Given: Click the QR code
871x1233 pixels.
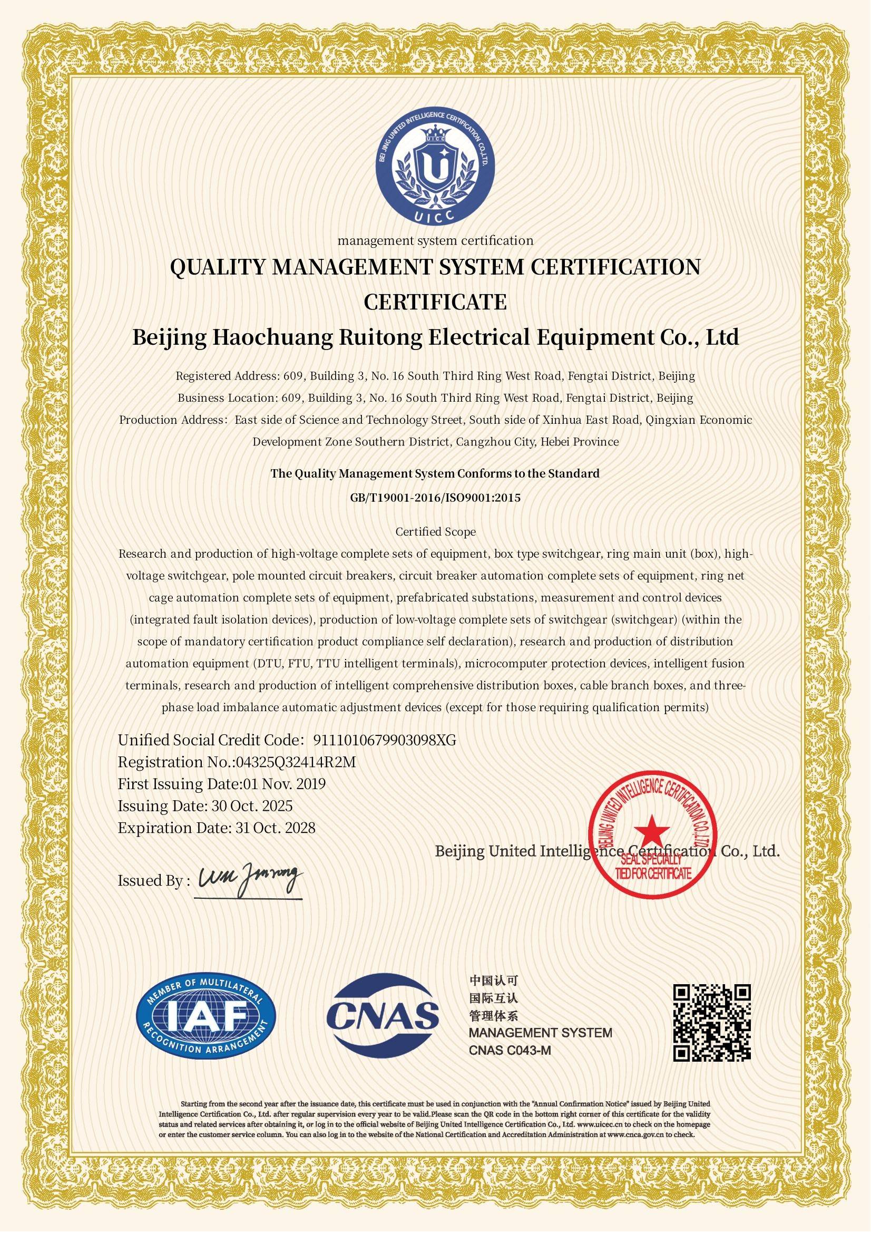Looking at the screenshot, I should tap(712, 1023).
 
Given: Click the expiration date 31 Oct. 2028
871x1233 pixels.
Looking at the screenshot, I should tap(275, 828).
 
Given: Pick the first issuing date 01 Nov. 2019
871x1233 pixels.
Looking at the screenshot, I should tap(285, 784).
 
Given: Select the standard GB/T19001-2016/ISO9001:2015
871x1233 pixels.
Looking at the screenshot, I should tap(435, 497).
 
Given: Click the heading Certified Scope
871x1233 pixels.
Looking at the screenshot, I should tap(435, 532).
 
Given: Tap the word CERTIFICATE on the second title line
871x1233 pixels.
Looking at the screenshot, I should tap(435, 303).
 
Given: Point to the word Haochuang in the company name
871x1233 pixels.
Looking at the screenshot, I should tap(269, 338).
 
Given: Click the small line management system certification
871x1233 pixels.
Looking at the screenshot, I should tap(435, 240).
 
